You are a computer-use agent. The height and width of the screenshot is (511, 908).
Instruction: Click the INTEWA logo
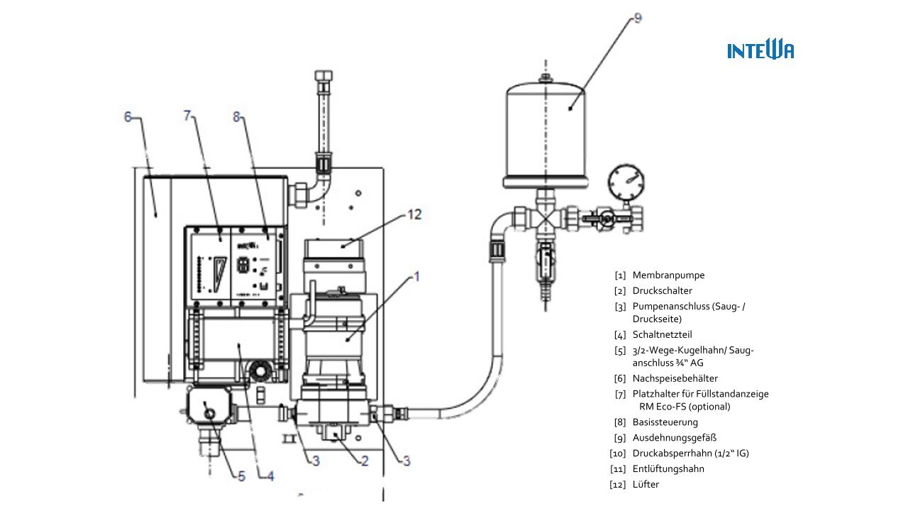click(x=760, y=50)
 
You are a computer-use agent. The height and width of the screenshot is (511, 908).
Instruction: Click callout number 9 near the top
click(x=638, y=18)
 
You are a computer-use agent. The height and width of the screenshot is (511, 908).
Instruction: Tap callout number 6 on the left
click(x=128, y=117)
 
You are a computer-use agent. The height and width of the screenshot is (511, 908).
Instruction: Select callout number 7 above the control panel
click(x=187, y=116)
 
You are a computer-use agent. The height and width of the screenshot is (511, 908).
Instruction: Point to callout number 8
click(x=237, y=117)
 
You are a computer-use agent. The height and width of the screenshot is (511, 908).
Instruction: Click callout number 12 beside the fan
click(x=414, y=214)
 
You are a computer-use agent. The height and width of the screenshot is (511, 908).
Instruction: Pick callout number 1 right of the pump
click(x=416, y=277)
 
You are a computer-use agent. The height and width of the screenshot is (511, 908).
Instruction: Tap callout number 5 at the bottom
click(x=242, y=476)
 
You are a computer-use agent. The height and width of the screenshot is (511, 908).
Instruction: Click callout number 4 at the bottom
click(x=270, y=476)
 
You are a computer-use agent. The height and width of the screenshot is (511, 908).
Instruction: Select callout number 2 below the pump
click(x=365, y=461)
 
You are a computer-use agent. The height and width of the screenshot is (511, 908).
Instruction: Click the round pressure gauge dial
click(x=626, y=182)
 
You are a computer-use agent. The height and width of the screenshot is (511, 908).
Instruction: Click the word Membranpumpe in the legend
click(x=668, y=275)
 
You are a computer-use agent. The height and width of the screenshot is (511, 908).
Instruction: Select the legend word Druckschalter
click(x=663, y=291)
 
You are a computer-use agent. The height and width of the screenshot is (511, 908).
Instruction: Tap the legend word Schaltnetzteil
click(x=663, y=334)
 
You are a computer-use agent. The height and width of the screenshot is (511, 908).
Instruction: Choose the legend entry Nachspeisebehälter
click(x=675, y=378)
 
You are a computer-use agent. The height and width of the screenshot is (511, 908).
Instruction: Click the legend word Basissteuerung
click(x=665, y=422)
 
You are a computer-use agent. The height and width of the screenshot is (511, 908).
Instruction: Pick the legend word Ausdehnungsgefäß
click(x=675, y=438)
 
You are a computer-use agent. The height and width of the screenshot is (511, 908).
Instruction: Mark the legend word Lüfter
click(x=646, y=484)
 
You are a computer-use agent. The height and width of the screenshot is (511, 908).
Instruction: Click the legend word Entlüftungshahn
click(x=668, y=469)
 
